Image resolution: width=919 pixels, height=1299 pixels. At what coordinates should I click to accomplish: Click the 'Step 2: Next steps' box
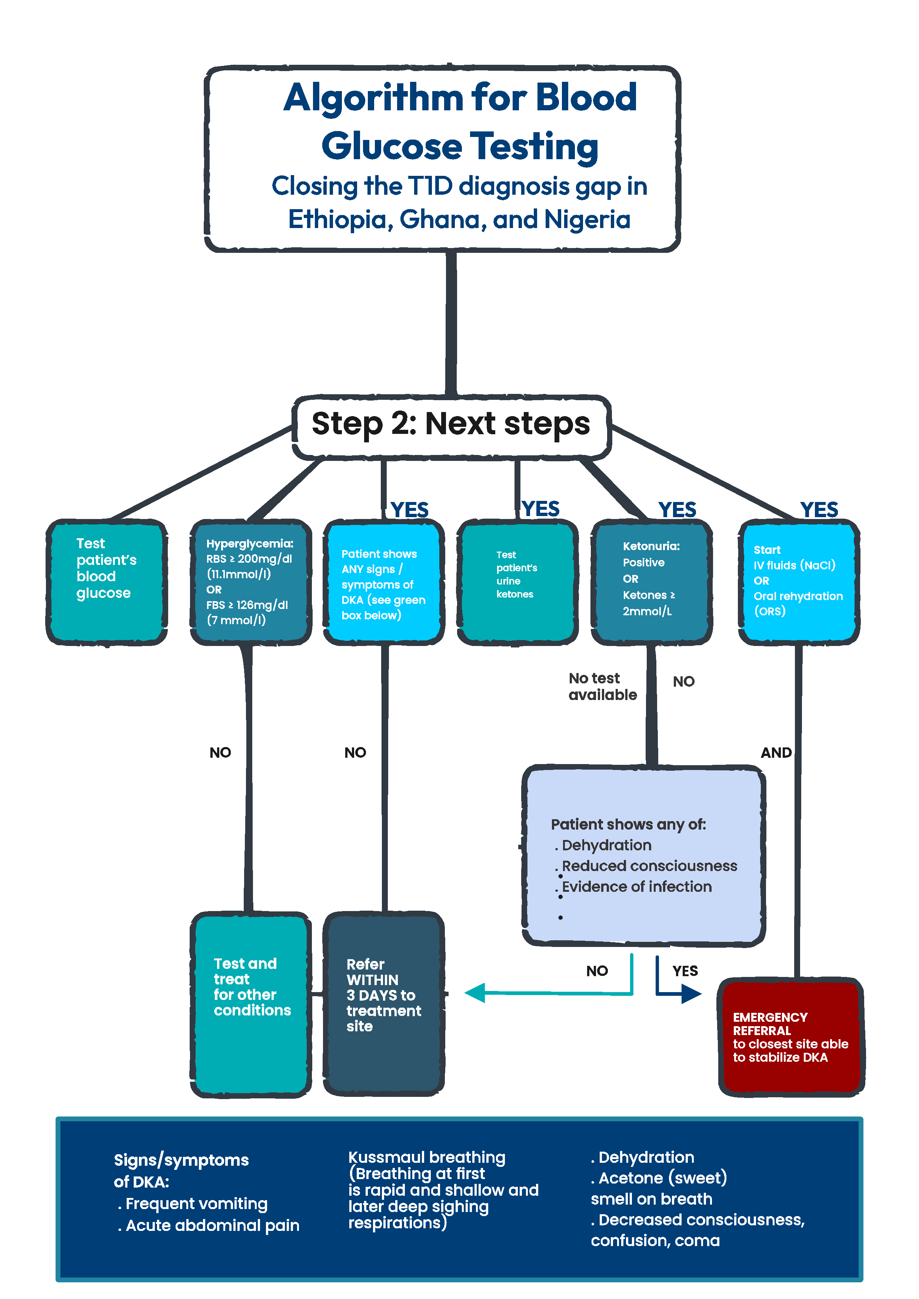tap(451, 425)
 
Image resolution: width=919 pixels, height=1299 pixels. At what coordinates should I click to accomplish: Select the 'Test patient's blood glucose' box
tap(106, 582)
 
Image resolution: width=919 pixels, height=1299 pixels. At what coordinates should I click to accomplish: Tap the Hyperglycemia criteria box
tap(251, 582)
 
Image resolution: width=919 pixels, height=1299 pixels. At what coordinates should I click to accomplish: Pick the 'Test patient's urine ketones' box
tap(517, 582)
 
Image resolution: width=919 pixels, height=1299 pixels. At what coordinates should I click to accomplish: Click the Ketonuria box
tap(651, 582)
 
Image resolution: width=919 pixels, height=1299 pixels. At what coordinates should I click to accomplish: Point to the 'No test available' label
tap(602, 686)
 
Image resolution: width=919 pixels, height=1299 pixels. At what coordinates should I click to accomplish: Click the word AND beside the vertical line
tap(776, 753)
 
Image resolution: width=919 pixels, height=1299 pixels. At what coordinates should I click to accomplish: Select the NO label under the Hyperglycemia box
tap(220, 753)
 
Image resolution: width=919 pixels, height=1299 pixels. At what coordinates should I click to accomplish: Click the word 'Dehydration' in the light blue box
tap(606, 845)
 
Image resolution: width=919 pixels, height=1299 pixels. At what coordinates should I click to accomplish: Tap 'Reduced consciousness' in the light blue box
tap(649, 866)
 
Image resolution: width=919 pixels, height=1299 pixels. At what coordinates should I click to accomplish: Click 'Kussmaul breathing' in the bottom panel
tap(427, 1158)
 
